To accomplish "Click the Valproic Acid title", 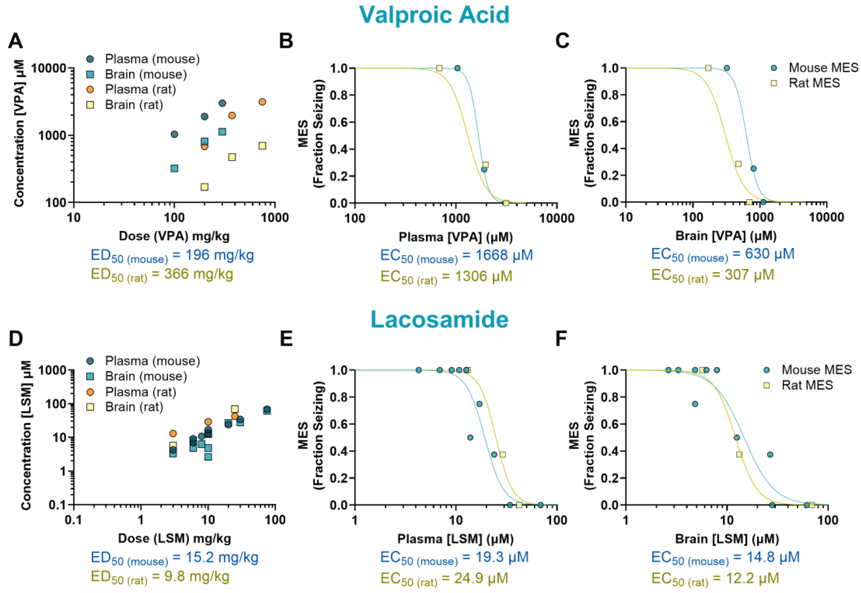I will coord(434,15).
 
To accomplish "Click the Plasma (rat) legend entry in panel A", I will coord(140,90).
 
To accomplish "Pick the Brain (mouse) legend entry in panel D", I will coord(145,376).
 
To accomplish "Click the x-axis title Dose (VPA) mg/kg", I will coord(174,236).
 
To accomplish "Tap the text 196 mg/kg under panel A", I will coord(219,255).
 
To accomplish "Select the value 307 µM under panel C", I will coord(750,275).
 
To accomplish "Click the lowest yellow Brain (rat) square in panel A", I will coord(204,187).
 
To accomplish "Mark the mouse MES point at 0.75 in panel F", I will coord(695,404).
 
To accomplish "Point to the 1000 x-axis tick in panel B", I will coord(455,218).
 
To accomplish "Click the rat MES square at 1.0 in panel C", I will coord(708,68).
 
